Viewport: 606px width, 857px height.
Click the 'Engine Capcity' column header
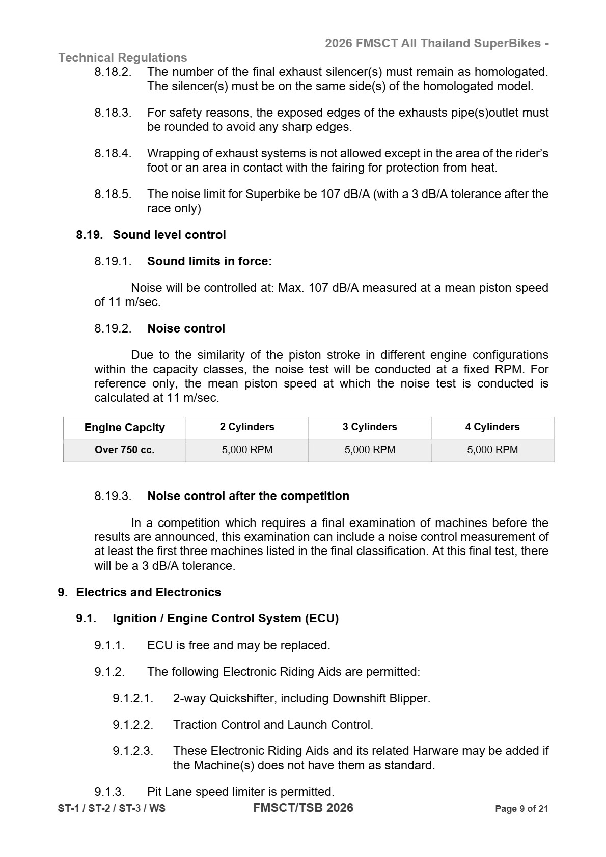tap(124, 428)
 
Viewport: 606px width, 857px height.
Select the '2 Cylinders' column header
tap(247, 427)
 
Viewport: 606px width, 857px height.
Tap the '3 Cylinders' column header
tap(370, 427)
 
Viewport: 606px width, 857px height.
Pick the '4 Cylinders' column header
tap(492, 427)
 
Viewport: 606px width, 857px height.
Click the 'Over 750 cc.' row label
tap(124, 450)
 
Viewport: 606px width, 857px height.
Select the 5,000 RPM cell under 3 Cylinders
tap(370, 450)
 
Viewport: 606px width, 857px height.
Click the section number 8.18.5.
tap(113, 195)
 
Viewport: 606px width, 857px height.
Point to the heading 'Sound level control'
tap(169, 235)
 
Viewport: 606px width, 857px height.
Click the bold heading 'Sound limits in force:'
tap(209, 262)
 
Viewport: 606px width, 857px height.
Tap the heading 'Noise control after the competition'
tap(248, 496)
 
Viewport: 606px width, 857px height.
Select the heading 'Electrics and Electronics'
tap(148, 593)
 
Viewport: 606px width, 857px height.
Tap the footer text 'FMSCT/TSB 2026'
tap(303, 808)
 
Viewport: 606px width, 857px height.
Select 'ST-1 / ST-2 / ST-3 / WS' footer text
tap(112, 809)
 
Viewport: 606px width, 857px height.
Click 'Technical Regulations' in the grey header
tap(123, 58)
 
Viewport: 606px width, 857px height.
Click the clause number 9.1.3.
tap(109, 792)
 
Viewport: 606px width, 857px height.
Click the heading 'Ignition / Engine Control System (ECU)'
tap(225, 619)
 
